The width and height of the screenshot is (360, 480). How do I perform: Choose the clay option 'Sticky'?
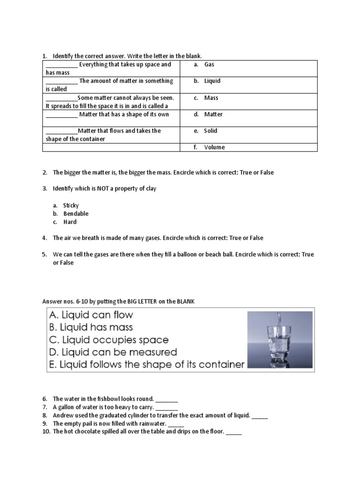(x=71, y=205)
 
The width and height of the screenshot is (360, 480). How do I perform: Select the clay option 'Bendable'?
(x=75, y=214)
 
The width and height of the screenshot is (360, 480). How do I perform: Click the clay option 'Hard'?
(x=70, y=222)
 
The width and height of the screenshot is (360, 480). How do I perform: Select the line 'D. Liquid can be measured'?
(x=112, y=352)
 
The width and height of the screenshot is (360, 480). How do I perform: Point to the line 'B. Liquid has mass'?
(x=91, y=327)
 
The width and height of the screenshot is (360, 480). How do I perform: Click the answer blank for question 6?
(x=166, y=399)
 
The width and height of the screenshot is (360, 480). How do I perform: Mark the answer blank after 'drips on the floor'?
(x=233, y=432)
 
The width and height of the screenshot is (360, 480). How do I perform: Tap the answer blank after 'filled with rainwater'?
(x=176, y=424)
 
